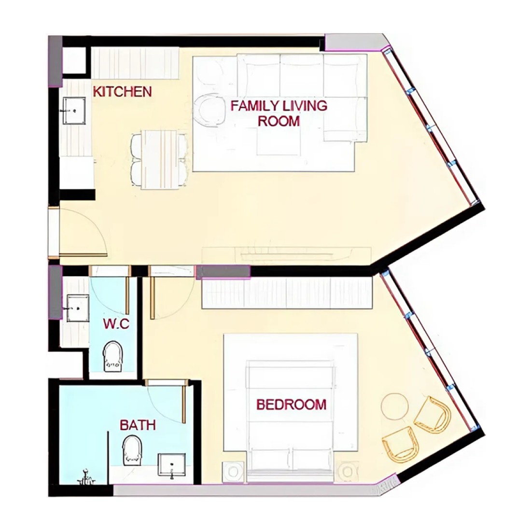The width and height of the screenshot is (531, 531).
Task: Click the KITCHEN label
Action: tap(122, 92)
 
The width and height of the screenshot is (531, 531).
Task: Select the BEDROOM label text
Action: tap(291, 405)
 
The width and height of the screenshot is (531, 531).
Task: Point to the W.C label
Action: tap(116, 324)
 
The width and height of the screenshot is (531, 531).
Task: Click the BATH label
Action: tap(138, 425)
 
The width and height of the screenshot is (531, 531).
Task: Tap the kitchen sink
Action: tap(74, 111)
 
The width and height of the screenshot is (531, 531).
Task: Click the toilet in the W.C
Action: tap(113, 357)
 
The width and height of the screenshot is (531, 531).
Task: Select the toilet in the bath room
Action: tap(132, 450)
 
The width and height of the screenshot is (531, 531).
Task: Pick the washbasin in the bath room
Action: tap(172, 466)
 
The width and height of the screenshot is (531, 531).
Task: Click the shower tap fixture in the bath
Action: tap(86, 477)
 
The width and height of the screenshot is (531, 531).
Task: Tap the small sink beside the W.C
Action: tap(78, 308)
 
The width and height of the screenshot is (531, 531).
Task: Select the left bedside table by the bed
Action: tap(233, 472)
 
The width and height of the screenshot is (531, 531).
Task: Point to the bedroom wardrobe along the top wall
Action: tap(287, 293)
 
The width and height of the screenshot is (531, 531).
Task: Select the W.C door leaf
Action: tap(127, 295)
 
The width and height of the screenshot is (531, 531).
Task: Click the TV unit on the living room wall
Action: tap(286, 255)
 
